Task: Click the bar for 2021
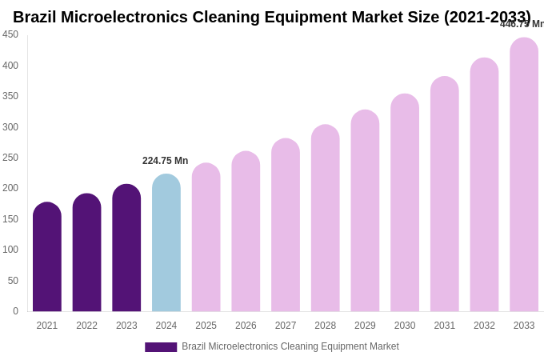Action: pos(47,258)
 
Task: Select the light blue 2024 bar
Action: pos(166,243)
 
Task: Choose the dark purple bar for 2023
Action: pos(126,248)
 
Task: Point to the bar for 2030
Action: pos(405,203)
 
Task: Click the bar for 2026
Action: pos(246,232)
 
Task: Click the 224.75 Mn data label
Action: pos(165,161)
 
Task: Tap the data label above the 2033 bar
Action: pos(522,24)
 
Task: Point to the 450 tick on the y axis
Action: pos(10,34)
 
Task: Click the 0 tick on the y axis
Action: pos(15,311)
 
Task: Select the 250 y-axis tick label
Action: pos(10,158)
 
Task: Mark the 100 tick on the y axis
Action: pos(10,250)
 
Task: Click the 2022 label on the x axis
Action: pos(86,326)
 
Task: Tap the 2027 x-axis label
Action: pos(286,326)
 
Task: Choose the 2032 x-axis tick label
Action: pos(484,326)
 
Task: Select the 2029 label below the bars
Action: pos(365,326)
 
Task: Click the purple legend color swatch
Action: pos(161,347)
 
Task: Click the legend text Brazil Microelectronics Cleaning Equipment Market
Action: pos(290,346)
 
